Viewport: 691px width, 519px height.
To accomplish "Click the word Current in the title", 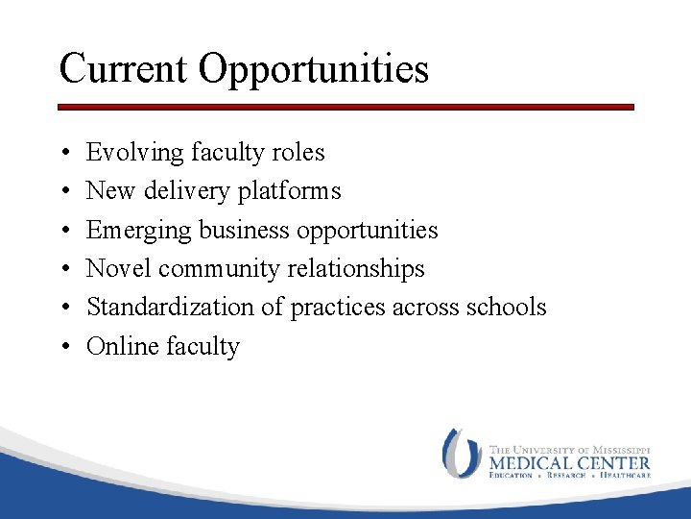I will pyautogui.click(x=124, y=68).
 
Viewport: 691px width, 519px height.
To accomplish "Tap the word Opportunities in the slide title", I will pyautogui.click(x=314, y=70).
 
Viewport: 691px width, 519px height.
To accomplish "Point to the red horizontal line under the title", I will pyautogui.click(x=345, y=108).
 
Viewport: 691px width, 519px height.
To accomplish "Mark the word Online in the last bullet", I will pyautogui.click(x=120, y=345).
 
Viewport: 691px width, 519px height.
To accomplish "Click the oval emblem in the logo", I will pyautogui.click(x=461, y=454).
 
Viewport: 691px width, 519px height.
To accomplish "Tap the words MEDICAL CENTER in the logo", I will pyautogui.click(x=569, y=462).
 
